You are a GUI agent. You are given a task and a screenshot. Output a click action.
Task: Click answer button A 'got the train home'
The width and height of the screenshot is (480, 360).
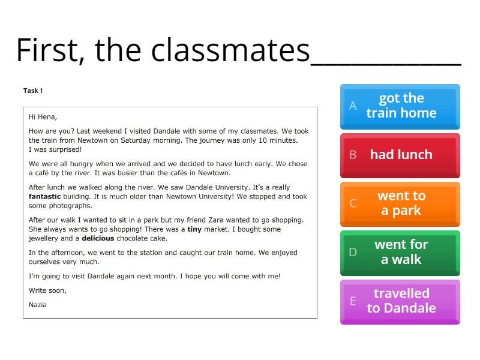tap(400, 106)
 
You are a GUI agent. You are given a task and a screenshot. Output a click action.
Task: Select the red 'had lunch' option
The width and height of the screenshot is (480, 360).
tap(400, 155)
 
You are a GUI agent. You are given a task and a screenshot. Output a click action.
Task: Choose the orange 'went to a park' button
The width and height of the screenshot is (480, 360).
tap(400, 203)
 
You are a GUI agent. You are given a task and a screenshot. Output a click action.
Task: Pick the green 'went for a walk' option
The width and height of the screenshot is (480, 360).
tap(400, 252)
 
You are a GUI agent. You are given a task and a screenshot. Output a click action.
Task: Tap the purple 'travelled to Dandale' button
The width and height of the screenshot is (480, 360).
tap(400, 301)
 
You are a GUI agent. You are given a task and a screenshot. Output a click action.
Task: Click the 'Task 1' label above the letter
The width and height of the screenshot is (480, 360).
tap(33, 91)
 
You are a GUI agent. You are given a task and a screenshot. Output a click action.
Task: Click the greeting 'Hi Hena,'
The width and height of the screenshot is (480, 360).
tap(43, 117)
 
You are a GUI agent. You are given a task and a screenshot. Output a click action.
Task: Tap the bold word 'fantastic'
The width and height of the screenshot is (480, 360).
tap(45, 196)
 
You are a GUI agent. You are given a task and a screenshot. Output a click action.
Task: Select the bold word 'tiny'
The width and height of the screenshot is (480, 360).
tap(194, 229)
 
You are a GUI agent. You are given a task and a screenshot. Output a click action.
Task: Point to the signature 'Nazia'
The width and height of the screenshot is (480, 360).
tap(38, 305)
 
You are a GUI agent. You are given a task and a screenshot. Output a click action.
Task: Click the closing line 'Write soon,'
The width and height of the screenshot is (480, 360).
tap(47, 290)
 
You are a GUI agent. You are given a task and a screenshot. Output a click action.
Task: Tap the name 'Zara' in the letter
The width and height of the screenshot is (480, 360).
tap(233, 220)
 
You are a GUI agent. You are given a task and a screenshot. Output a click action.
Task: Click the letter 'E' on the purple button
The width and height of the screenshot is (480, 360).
tap(353, 301)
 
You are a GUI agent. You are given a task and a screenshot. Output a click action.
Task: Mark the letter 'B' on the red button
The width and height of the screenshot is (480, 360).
tap(353, 155)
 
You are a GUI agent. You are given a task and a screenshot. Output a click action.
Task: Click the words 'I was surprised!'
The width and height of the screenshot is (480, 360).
tap(55, 149)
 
